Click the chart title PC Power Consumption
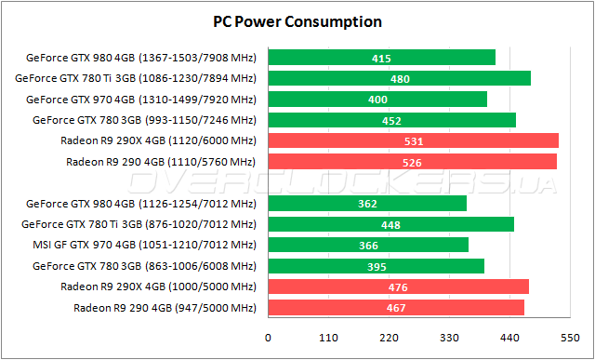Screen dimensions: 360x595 click(x=297, y=20)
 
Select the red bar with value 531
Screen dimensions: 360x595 click(x=413, y=140)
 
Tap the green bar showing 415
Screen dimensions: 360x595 click(x=381, y=58)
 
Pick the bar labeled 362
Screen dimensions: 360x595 click(x=367, y=204)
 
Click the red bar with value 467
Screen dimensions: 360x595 click(x=396, y=307)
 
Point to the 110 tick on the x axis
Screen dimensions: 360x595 click(x=328, y=340)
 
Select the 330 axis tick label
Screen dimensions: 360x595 click(x=449, y=340)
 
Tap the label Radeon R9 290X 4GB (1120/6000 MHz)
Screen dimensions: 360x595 click(x=157, y=140)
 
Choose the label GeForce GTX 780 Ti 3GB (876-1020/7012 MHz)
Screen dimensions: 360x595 click(x=139, y=224)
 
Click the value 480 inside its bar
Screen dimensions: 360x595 click(x=400, y=79)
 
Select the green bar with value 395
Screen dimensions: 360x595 click(x=376, y=266)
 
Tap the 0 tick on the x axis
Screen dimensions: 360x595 click(x=268, y=340)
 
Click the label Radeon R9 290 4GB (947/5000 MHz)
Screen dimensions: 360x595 click(x=164, y=307)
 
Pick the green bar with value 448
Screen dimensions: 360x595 click(x=390, y=224)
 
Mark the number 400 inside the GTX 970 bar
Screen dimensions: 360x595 click(x=377, y=100)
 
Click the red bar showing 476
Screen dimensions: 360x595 click(x=398, y=287)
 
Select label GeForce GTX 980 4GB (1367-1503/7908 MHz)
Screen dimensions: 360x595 click(x=140, y=58)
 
